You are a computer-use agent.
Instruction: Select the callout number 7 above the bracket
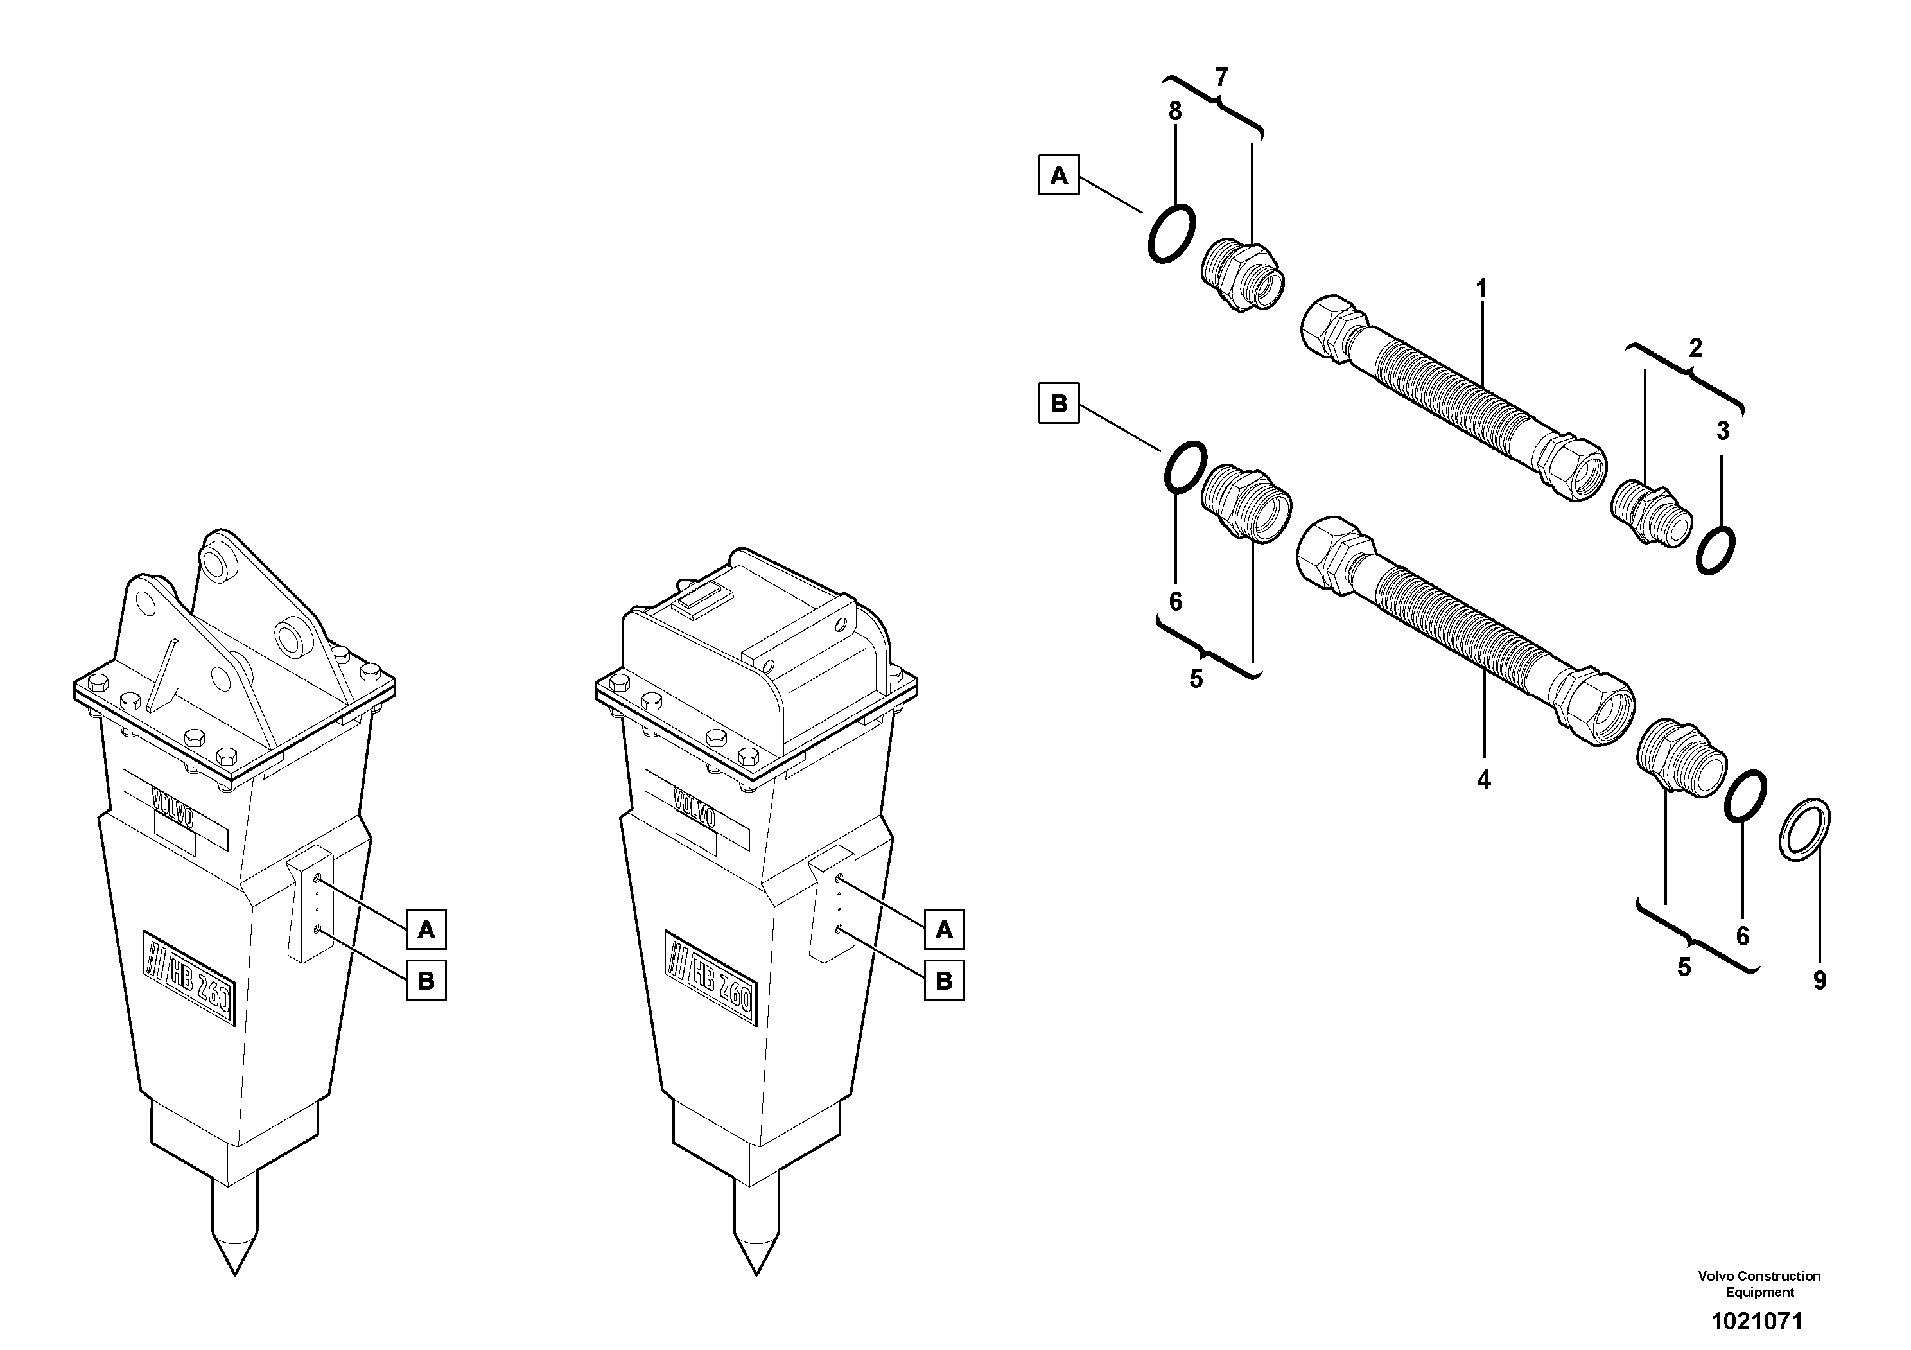1221,78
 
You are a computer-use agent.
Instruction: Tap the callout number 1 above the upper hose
1481,290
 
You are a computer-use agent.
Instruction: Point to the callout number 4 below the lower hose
1483,780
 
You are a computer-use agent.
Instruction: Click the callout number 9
1819,981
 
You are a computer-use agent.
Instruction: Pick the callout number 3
1723,431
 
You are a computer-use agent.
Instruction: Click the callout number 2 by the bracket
1695,349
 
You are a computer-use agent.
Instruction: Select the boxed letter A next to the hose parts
1059,175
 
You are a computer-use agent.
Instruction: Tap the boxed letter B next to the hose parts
1059,404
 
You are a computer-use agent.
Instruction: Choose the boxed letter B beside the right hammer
944,981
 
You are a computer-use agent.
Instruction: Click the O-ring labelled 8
1172,234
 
